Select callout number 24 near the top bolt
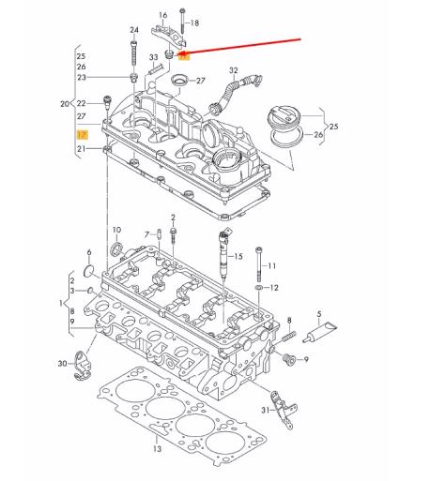133,29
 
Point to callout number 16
162,15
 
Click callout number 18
194,22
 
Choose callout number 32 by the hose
233,69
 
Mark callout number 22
82,102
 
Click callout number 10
116,230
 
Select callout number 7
147,233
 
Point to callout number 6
89,253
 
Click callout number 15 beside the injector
238,255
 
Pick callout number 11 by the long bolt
272,266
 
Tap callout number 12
273,288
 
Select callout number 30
62,363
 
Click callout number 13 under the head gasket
157,449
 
